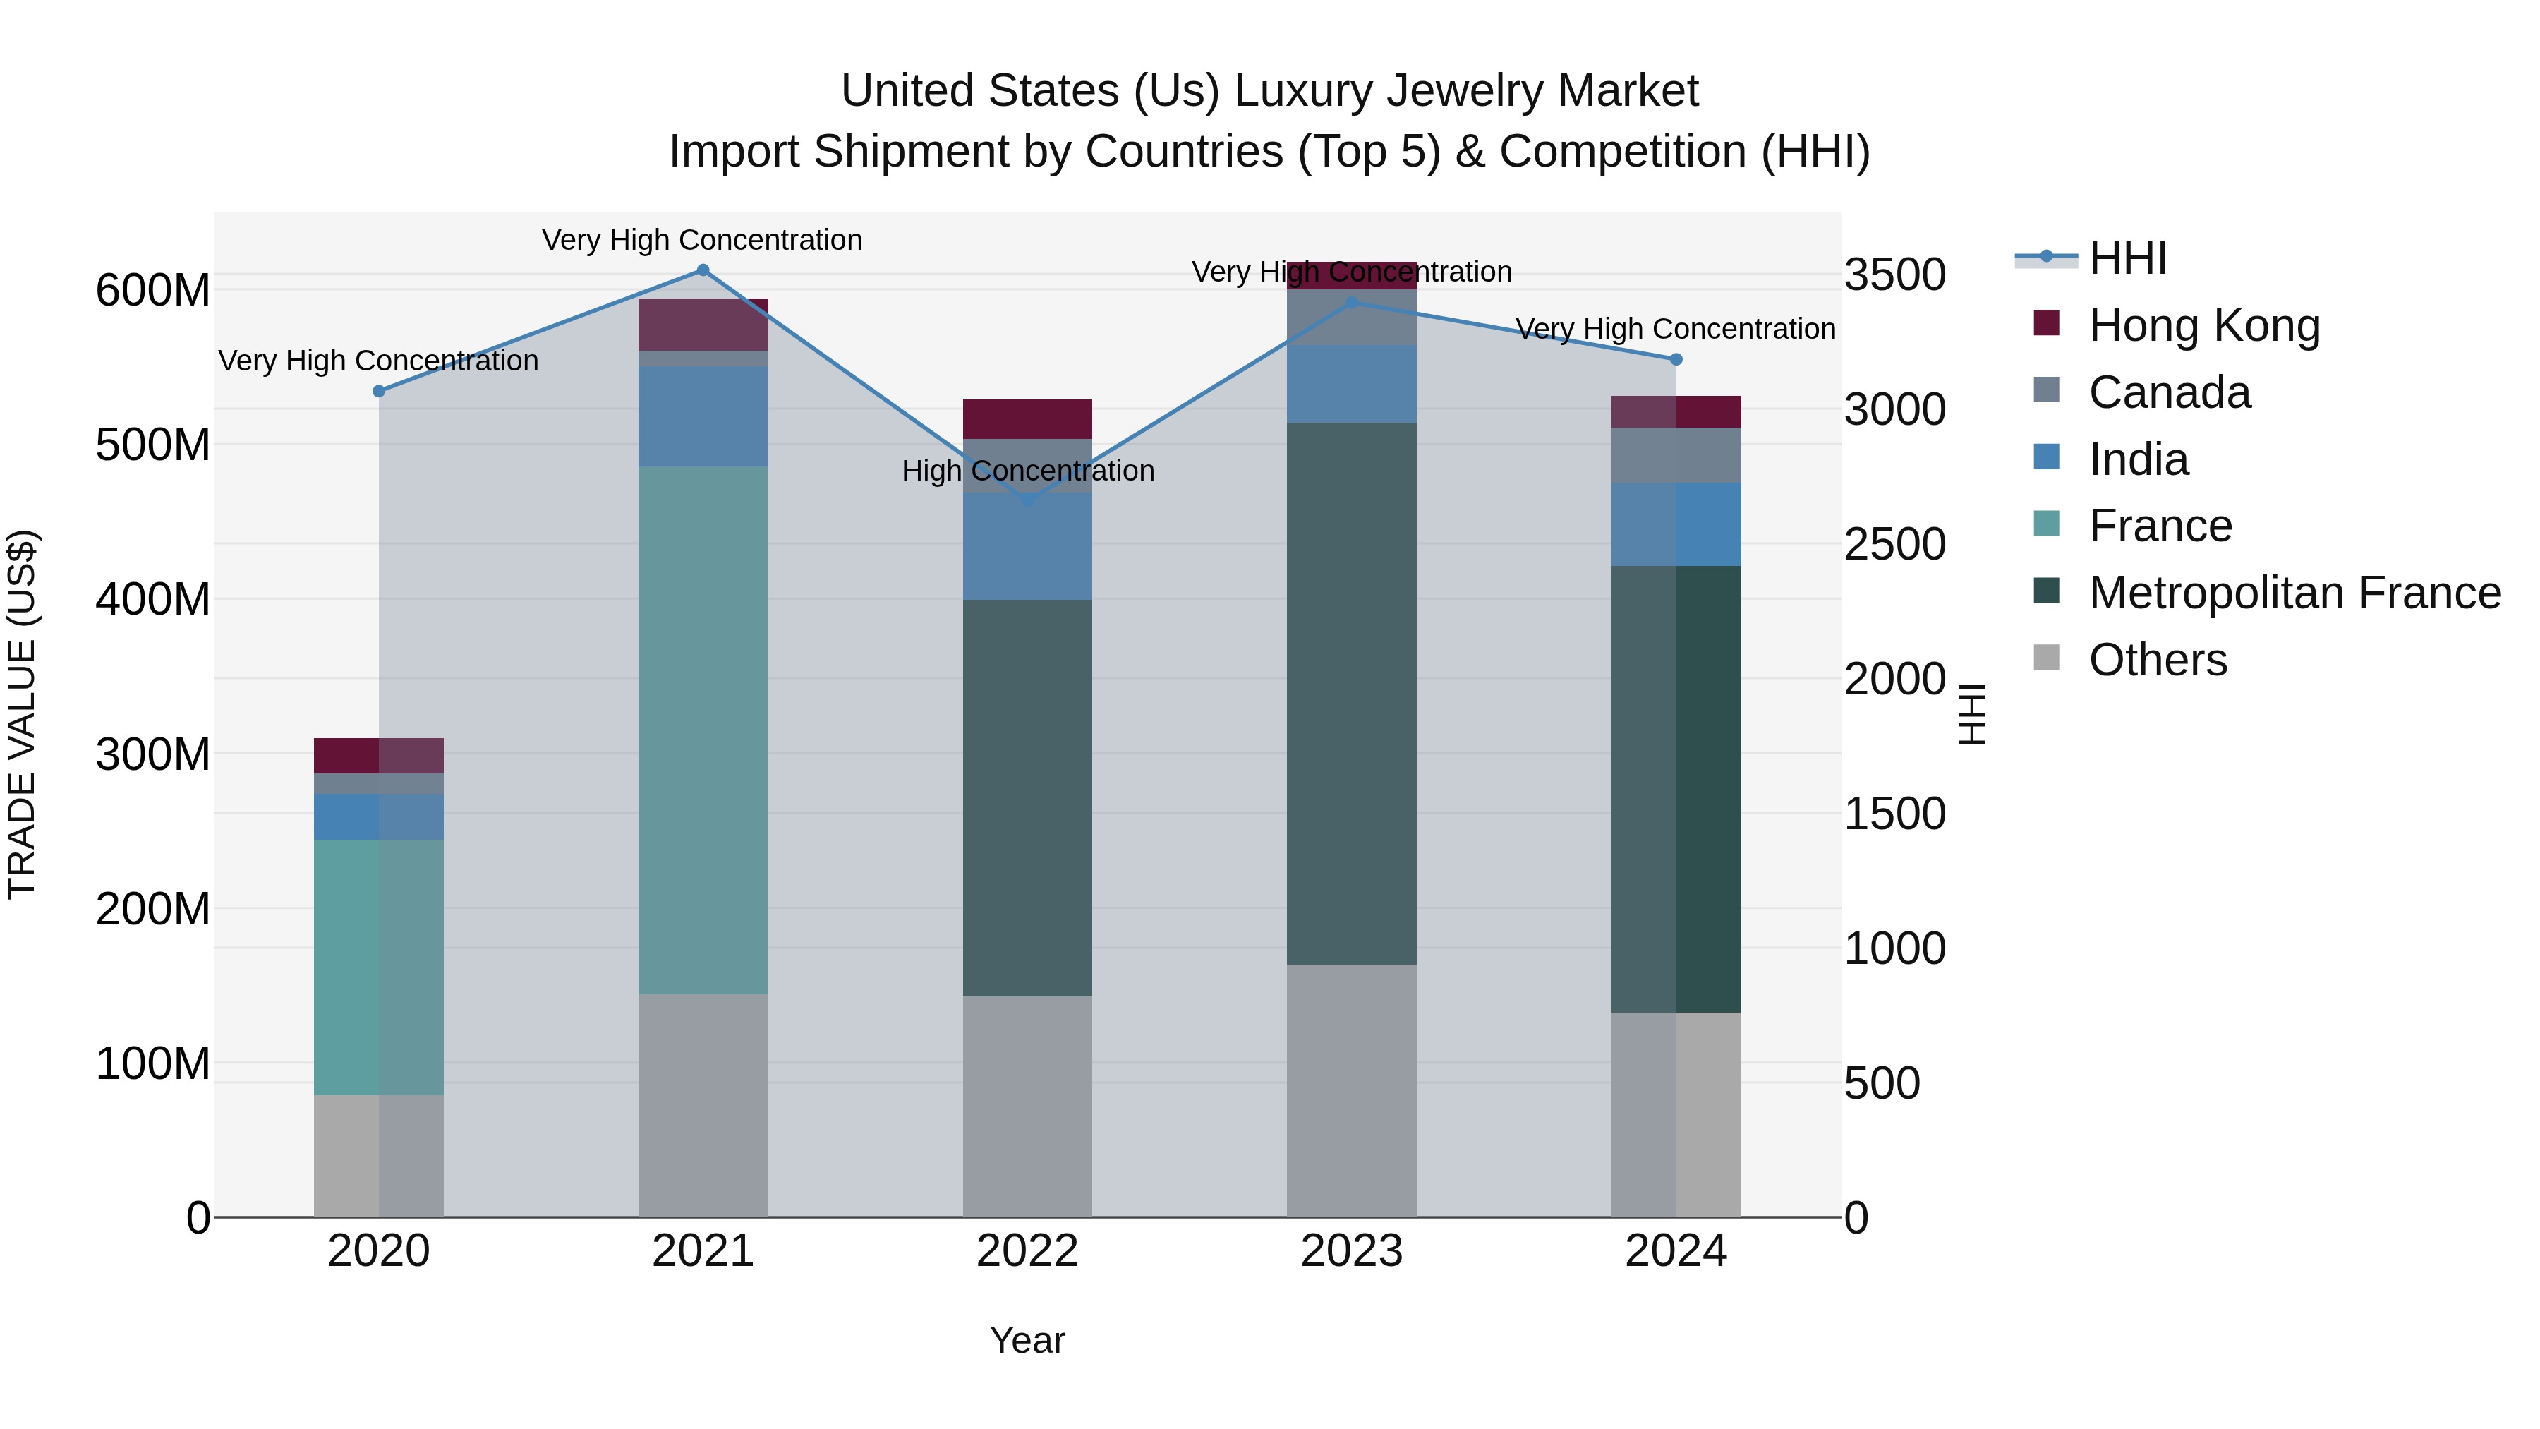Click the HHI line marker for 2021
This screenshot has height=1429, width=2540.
pos(703,270)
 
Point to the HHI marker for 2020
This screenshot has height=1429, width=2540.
pos(379,392)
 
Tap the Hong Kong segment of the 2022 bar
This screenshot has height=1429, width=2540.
pos(1027,419)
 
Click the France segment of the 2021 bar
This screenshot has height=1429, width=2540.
pos(703,730)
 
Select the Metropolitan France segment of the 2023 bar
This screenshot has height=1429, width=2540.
pos(1351,693)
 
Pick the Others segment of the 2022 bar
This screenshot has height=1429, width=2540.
pos(1027,1106)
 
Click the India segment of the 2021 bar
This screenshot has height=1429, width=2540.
pos(703,416)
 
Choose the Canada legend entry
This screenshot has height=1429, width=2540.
pos(2170,392)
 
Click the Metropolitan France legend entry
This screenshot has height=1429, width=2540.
pos(2294,593)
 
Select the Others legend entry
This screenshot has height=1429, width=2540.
pos(2158,660)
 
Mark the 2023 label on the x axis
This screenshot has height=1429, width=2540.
pos(1351,1251)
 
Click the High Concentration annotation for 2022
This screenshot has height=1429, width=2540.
pos(1027,471)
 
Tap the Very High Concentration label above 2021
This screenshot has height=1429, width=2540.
pos(702,241)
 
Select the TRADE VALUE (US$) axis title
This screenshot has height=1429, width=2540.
pos(23,714)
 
